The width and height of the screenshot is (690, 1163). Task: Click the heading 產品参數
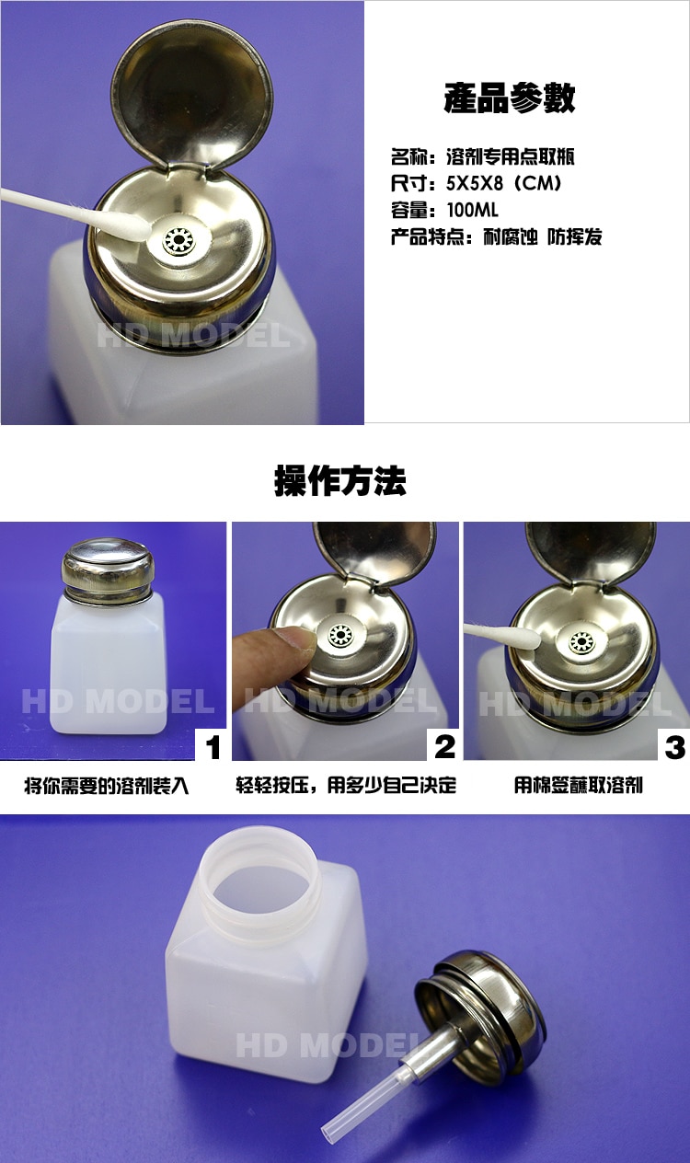pos(509,98)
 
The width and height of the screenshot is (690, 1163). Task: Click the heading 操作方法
pos(339,480)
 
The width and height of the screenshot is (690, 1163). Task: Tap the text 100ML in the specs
pos(473,210)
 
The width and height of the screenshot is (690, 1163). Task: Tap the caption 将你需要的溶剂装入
pos(107,786)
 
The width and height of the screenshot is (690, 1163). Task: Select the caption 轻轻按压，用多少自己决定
pos(346,786)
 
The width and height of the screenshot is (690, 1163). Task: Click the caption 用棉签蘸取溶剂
pos(578,786)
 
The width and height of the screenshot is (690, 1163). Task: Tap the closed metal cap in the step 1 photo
pos(107,562)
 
